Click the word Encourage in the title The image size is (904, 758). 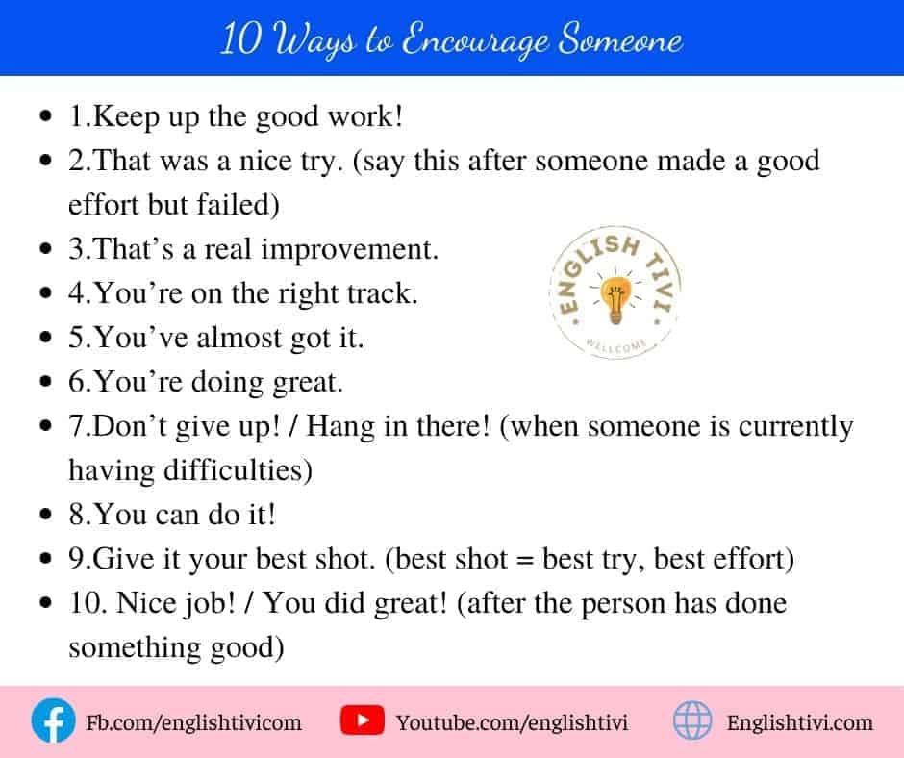pos(475,40)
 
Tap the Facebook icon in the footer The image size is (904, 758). pos(53,720)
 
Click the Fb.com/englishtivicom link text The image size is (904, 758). pos(193,722)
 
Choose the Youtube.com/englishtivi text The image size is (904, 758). pos(512,722)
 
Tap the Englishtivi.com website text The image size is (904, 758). pos(799,722)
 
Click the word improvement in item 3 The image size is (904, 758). pos(349,250)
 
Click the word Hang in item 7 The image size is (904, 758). pos(340,427)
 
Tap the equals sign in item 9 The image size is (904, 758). pos(525,560)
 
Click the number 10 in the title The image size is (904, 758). pos(240,38)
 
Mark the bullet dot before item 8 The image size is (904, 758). pos(46,514)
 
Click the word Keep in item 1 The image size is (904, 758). pos(126,117)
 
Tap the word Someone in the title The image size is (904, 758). pos(621,39)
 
